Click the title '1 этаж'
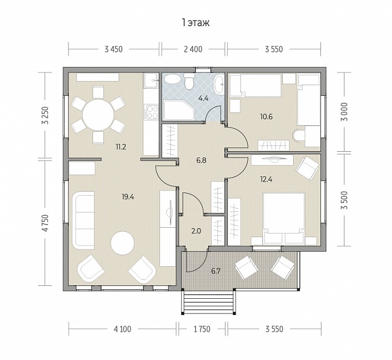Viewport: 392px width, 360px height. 196,22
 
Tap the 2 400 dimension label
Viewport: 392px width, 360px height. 193,49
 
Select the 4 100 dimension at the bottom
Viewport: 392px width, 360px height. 122,329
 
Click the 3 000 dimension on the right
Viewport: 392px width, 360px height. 345,111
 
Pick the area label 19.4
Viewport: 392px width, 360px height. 128,197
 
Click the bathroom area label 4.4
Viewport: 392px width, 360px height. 203,98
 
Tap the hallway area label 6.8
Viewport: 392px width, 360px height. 201,161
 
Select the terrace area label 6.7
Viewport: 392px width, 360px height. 216,271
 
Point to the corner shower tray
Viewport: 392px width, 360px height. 178,110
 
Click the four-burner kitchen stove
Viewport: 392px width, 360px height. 151,111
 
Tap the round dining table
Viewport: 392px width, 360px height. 98,115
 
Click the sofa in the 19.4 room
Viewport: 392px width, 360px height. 83,220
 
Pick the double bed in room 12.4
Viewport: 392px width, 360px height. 284,218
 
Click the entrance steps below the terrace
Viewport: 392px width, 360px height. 208,301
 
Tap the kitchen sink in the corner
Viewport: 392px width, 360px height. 151,81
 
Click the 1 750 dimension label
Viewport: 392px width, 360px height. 202,329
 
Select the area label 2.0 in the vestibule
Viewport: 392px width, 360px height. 196,231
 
